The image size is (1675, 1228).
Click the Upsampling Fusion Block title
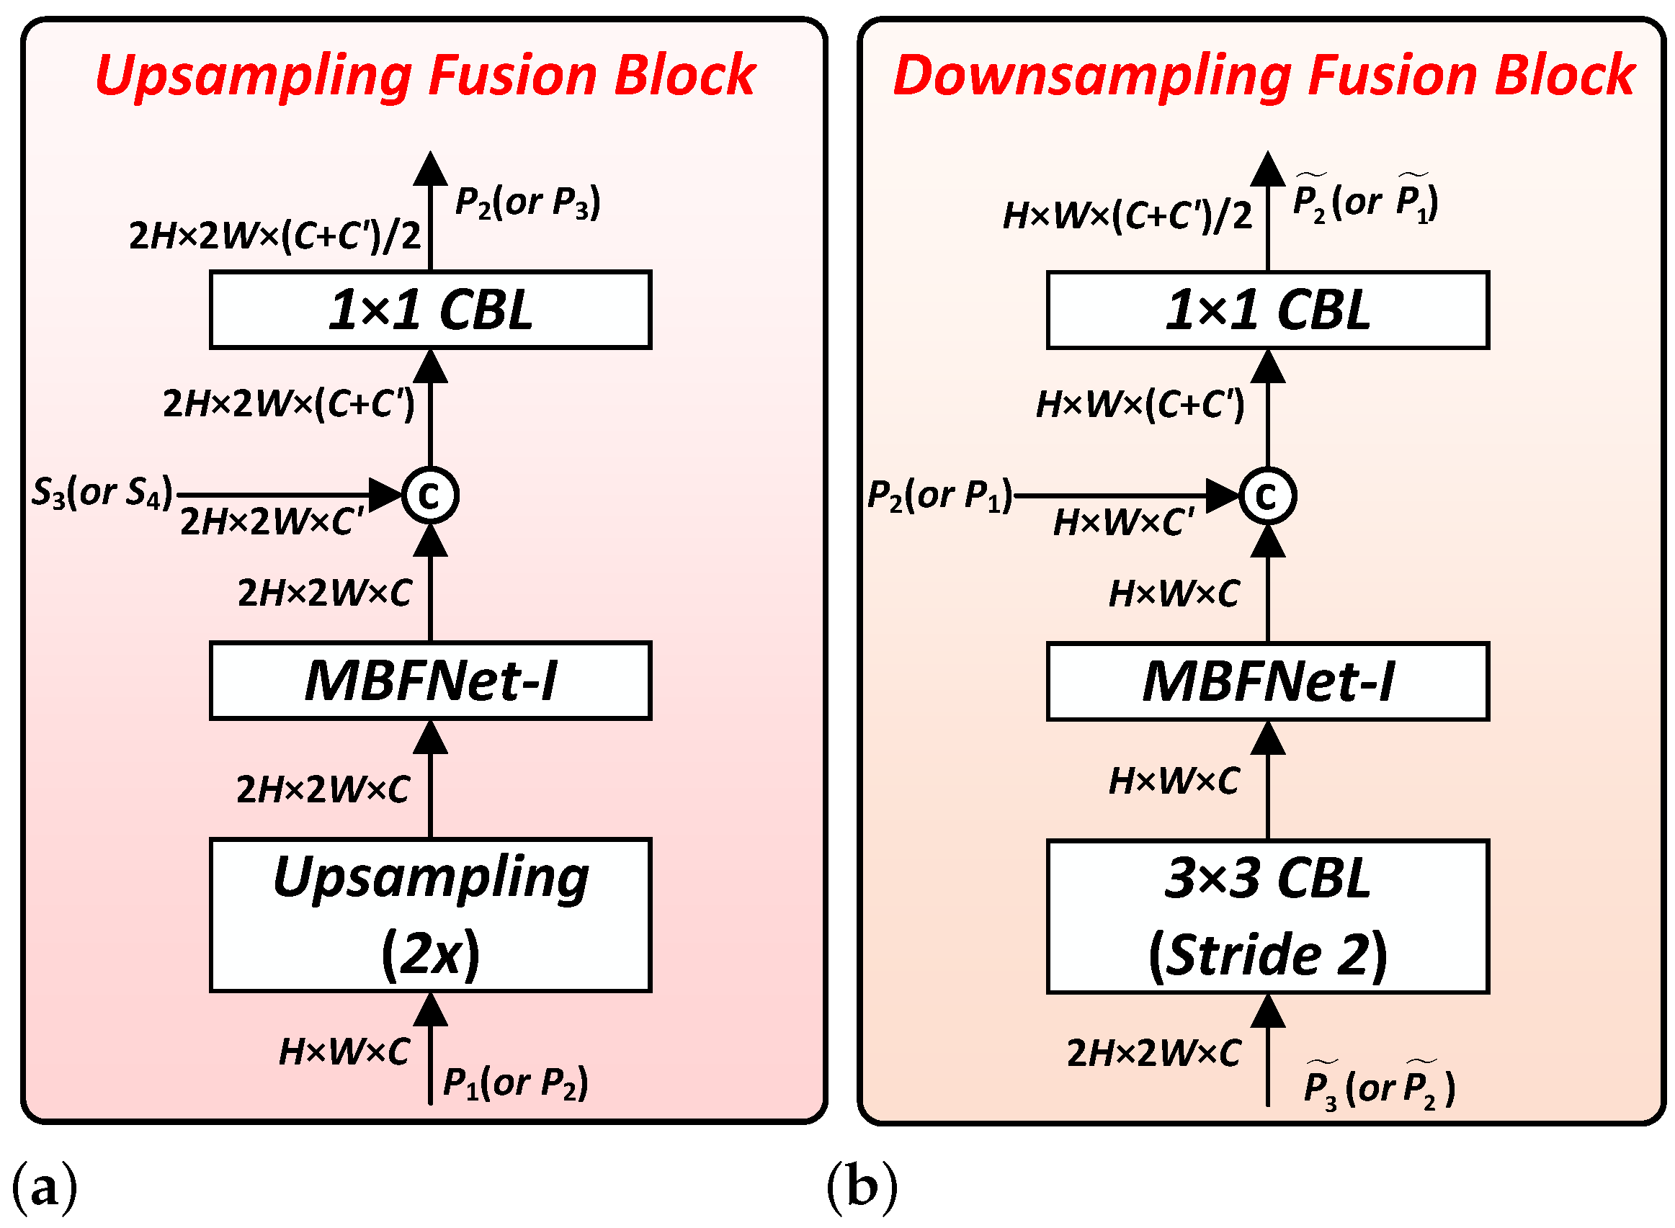point(424,76)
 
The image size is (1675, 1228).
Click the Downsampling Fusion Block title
point(1263,76)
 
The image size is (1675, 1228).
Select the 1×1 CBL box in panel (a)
point(431,310)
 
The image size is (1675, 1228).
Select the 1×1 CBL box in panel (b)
point(1267,310)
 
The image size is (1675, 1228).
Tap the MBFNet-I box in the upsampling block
point(431,681)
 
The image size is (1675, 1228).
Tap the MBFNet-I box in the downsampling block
point(1267,681)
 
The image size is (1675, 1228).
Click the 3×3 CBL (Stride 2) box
point(1267,917)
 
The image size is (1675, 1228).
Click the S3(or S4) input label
point(102,492)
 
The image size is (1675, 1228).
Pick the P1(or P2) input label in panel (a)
point(515,1083)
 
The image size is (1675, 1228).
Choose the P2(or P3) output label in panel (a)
point(527,202)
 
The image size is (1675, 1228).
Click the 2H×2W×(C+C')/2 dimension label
point(274,236)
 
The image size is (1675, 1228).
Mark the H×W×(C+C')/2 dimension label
point(1126,216)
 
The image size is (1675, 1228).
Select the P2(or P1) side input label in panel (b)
point(939,495)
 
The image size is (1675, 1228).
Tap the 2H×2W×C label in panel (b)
point(1153,1053)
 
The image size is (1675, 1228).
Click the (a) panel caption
point(45,1187)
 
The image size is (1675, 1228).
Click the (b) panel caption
point(862,1187)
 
